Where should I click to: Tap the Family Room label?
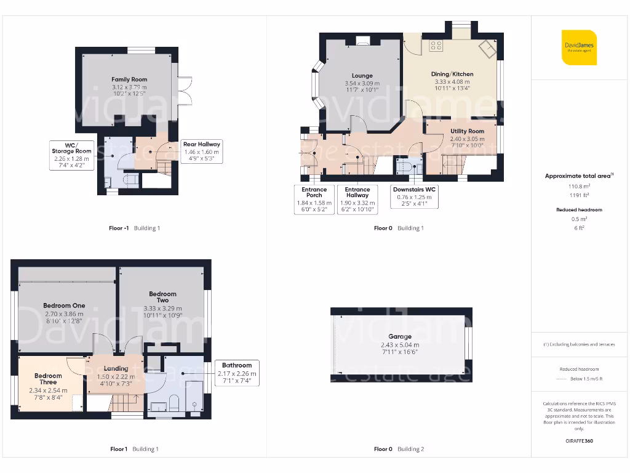click(129, 79)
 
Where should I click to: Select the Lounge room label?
click(362, 76)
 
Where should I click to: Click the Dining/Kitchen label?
click(452, 74)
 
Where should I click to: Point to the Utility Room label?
click(467, 131)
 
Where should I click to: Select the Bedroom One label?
click(64, 305)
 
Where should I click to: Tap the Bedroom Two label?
click(162, 297)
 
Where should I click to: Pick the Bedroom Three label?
click(48, 379)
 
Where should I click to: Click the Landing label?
click(116, 368)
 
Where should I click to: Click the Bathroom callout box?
click(237, 373)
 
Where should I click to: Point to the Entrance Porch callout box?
click(314, 199)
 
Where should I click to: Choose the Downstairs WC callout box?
click(415, 197)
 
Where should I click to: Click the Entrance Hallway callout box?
click(357, 199)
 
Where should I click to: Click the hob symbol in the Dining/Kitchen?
click(436, 44)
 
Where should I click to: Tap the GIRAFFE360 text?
click(579, 441)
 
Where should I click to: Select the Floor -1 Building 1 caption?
click(134, 228)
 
